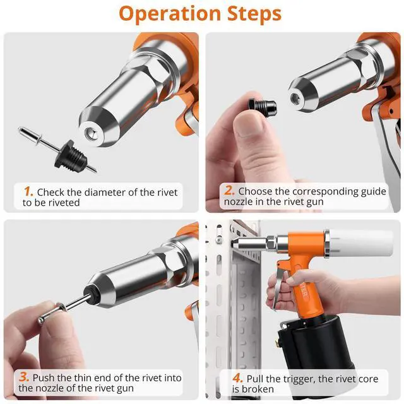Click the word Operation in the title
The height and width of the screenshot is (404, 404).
click(170, 14)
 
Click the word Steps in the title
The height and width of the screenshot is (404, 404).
click(254, 13)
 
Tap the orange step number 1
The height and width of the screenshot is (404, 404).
click(28, 191)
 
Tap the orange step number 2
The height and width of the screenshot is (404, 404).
click(229, 191)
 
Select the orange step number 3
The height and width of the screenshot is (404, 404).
click(24, 377)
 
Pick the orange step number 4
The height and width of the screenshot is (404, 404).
click(237, 378)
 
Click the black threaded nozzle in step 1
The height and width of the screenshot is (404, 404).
click(71, 154)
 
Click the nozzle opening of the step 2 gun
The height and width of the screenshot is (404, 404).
click(295, 98)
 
